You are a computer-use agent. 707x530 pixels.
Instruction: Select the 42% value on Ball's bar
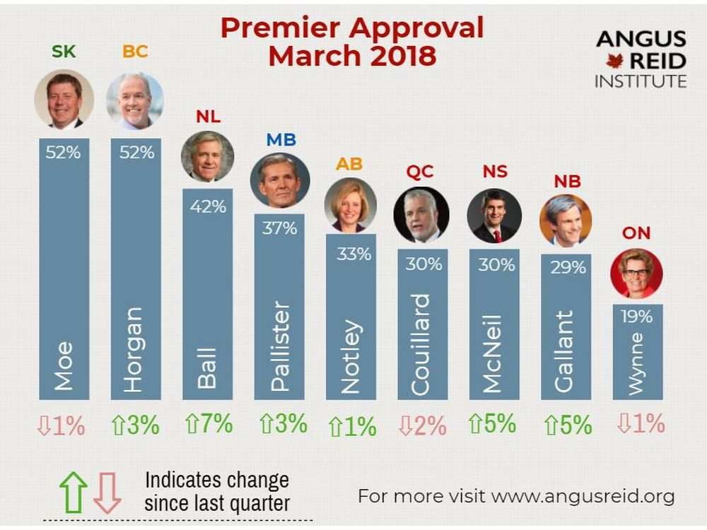pos(207,206)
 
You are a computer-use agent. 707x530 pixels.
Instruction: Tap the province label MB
pos(281,140)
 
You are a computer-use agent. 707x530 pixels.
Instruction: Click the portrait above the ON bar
pos(636,273)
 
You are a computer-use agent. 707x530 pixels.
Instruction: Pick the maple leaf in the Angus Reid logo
pos(614,61)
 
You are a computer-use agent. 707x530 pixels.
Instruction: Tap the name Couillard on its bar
pos(421,344)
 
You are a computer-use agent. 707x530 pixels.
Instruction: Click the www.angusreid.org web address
pos(583,496)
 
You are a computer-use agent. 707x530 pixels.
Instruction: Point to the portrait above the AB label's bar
pos(351,205)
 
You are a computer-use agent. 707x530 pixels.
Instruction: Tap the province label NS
pos(495,172)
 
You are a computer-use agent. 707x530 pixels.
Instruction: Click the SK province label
pos(64,52)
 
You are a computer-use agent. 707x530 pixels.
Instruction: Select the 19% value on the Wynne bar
pos(636,317)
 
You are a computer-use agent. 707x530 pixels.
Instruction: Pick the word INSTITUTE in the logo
pos(641,81)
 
